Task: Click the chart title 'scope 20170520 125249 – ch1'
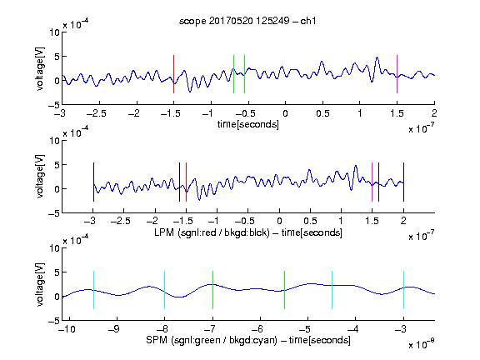coord(247,21)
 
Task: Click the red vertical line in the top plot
coord(173,74)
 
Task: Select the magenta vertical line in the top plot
coord(397,74)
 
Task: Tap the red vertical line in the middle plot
coord(186,182)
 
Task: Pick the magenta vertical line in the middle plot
coord(372,182)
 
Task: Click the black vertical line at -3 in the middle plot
coord(93,182)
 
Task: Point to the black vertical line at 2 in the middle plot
coord(403,182)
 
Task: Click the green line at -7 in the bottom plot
coord(212,290)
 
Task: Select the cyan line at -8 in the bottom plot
coord(165,290)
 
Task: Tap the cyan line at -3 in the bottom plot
coord(403,290)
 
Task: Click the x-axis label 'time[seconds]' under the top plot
coord(248,124)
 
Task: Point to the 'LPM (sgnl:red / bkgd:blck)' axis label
coord(212,232)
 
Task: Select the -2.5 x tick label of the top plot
coord(97,113)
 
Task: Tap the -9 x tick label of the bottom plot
coord(114,329)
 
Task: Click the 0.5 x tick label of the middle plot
coord(310,221)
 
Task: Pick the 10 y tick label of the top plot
coord(55,32)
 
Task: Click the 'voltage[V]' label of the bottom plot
coord(40,284)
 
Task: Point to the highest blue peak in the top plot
coord(377,57)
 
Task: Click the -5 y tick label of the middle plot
coord(54,213)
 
